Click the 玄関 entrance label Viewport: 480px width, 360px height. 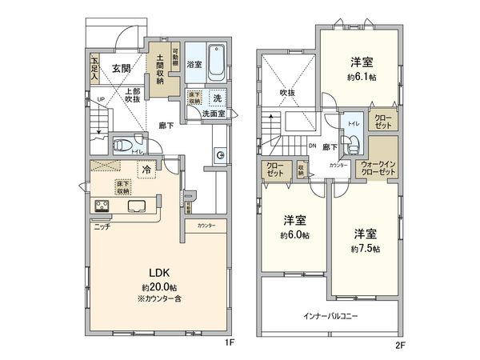tap(122, 68)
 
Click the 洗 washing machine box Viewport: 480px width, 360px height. tap(218, 98)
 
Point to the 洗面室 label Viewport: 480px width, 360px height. tap(212, 114)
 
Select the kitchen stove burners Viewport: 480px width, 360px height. tap(103, 207)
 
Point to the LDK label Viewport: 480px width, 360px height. tap(157, 272)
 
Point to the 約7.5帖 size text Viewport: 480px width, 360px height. tap(366, 248)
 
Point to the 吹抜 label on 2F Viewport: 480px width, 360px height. tap(288, 92)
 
